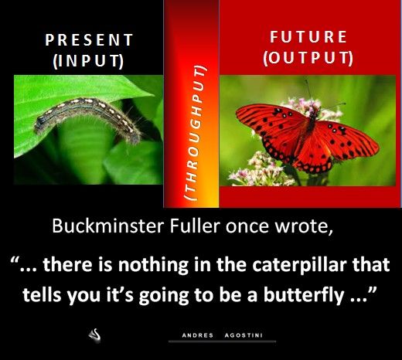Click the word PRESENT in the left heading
click(x=89, y=40)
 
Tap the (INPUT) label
click(x=88, y=61)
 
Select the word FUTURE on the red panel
click(x=308, y=36)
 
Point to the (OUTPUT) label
click(x=308, y=58)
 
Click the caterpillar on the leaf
click(x=87, y=117)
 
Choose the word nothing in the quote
click(x=153, y=266)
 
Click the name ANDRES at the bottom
click(x=198, y=335)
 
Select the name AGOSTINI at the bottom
click(x=244, y=335)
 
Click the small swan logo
click(x=94, y=335)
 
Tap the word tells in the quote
click(x=43, y=294)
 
